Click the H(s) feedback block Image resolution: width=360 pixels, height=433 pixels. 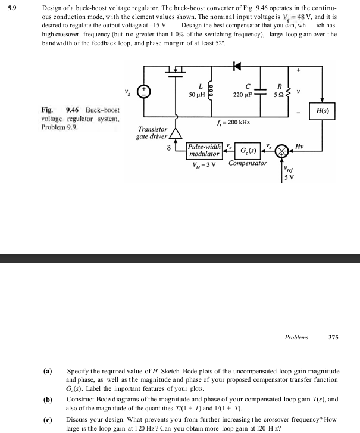point(323,111)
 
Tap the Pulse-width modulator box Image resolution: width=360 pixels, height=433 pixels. point(205,150)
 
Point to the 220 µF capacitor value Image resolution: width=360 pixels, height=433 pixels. point(243,94)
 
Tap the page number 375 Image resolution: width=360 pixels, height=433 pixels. point(333,337)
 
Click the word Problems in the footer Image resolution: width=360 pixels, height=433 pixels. point(296,337)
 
